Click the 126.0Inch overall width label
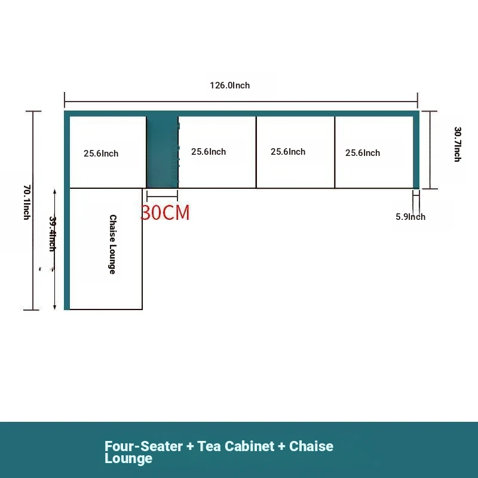229,85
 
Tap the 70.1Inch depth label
27,202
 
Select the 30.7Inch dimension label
458,144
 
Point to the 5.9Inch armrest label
410,217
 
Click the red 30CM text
165,213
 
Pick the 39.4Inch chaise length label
53,234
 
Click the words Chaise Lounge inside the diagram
113,244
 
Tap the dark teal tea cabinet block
162,152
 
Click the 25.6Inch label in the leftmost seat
101,154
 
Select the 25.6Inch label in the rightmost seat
363,153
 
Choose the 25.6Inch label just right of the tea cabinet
209,152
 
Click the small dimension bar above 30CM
162,196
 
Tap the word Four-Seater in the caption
143,446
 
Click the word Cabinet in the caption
249,446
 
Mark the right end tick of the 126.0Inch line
417,100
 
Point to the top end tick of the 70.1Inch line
33,111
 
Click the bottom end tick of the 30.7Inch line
430,189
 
